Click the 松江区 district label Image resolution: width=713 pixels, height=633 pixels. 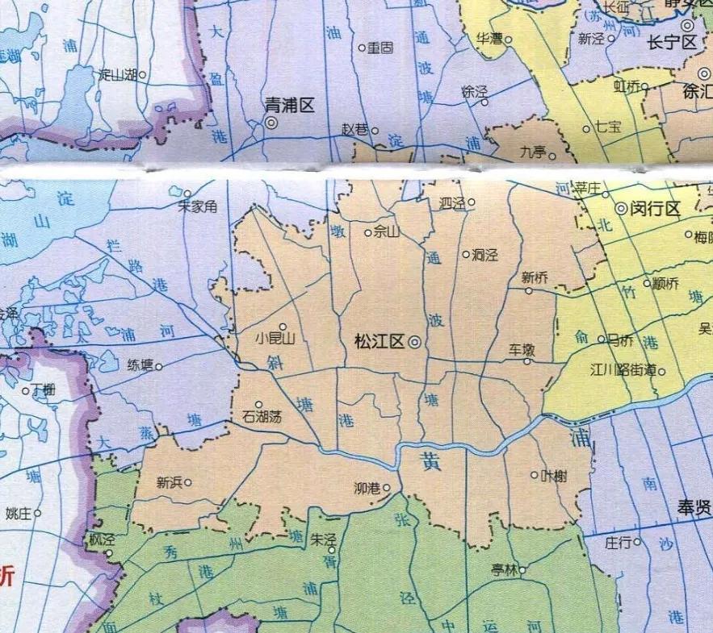pyautogui.click(x=379, y=342)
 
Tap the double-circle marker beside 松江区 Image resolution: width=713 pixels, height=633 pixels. pyautogui.click(x=414, y=343)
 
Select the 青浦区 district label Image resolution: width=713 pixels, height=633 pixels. pyautogui.click(x=289, y=104)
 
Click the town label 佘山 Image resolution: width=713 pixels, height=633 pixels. pyautogui.click(x=387, y=232)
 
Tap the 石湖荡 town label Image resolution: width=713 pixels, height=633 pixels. pyautogui.click(x=262, y=417)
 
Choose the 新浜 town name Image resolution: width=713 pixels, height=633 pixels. pyautogui.click(x=170, y=483)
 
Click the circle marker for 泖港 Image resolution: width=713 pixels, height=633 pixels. pyautogui.click(x=387, y=487)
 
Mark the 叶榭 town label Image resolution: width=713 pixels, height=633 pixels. pyautogui.click(x=554, y=476)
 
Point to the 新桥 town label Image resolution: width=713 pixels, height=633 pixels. pyautogui.click(x=535, y=277)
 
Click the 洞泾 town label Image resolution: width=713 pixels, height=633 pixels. pyautogui.click(x=485, y=255)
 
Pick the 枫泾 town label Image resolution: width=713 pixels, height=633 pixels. pyautogui.click(x=103, y=540)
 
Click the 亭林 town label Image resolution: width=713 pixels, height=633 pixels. pyautogui.click(x=503, y=570)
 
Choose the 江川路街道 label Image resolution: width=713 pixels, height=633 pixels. pyautogui.click(x=623, y=371)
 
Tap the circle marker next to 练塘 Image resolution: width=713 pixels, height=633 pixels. pyautogui.click(x=159, y=367)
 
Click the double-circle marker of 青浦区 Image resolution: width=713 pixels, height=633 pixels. pyautogui.click(x=271, y=123)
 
